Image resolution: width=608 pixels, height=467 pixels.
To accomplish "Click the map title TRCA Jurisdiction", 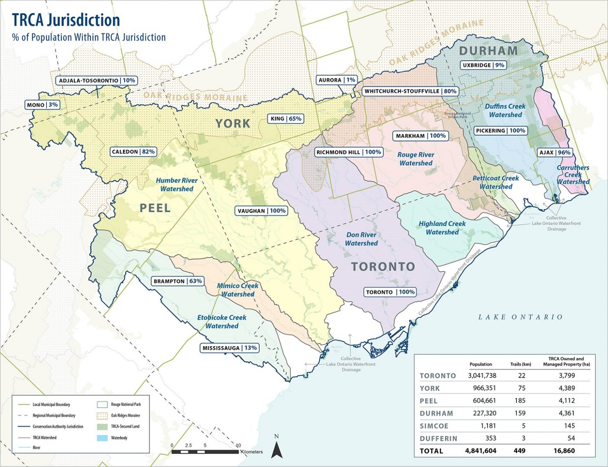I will click(66, 20).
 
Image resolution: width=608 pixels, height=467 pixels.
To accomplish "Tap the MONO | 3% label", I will click(42, 105).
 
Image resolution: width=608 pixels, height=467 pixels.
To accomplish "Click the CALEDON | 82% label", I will click(133, 152).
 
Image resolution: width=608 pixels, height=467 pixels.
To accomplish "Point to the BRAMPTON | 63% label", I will click(177, 281).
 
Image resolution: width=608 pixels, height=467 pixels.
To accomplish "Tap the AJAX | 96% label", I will click(555, 152).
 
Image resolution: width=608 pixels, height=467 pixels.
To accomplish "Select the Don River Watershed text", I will click(361, 239).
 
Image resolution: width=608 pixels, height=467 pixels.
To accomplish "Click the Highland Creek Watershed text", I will click(442, 228).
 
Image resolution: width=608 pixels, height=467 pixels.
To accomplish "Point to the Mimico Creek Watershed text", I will click(238, 290).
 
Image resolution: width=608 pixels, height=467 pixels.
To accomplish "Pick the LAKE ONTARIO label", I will click(520, 317).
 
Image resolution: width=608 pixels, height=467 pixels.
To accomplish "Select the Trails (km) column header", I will click(520, 364).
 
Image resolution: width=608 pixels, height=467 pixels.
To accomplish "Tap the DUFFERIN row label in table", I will click(438, 438).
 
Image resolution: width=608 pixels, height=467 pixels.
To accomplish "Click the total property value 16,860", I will click(564, 451).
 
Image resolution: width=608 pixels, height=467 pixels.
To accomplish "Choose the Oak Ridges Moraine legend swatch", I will click(103, 415).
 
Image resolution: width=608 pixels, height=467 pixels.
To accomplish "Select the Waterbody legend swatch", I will click(103, 438).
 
